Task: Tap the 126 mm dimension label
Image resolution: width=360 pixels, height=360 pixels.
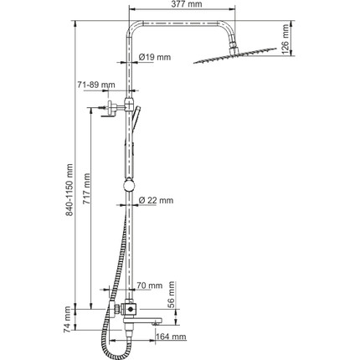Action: click(x=285, y=39)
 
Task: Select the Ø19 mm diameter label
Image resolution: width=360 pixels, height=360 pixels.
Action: click(x=155, y=58)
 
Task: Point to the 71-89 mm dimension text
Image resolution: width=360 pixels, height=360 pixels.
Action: click(x=96, y=85)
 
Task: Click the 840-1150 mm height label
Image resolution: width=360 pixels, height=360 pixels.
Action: click(x=69, y=190)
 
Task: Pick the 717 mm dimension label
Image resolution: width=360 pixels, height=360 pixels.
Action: click(x=86, y=188)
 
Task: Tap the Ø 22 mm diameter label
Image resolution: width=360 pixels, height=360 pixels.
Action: click(x=156, y=200)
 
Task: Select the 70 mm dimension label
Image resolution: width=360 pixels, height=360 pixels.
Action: click(x=150, y=285)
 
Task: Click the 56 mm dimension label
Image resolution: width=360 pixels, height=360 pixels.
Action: click(x=172, y=295)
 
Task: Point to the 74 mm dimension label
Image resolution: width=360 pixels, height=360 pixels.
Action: click(x=68, y=320)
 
